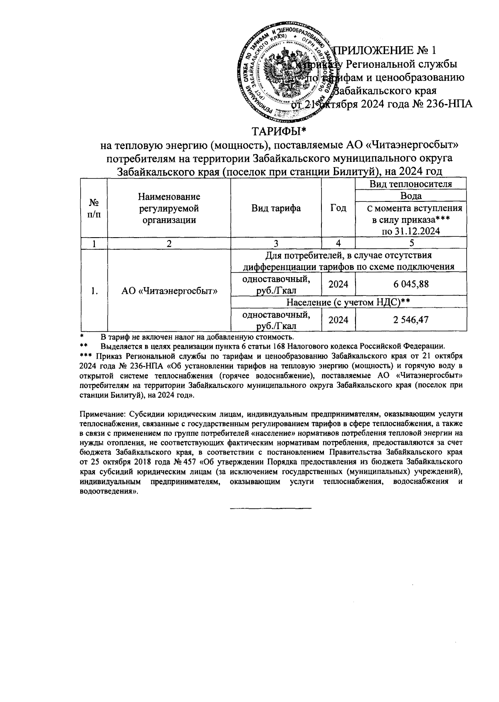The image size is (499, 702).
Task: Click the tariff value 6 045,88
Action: [x=411, y=284]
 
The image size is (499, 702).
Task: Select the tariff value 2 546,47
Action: [x=411, y=320]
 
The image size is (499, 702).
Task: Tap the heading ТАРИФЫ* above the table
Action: [x=279, y=132]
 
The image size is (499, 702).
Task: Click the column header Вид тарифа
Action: [x=276, y=208]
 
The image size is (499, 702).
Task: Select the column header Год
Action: [x=338, y=208]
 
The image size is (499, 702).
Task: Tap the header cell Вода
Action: [x=411, y=196]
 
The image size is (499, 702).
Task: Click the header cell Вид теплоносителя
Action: [x=411, y=184]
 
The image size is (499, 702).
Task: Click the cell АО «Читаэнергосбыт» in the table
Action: [x=169, y=291]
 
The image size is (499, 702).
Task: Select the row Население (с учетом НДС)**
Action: [x=348, y=303]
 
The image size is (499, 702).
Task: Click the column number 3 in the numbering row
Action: [x=276, y=244]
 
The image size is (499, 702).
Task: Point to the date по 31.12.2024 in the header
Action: [x=411, y=231]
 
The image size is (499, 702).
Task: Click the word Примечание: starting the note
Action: [x=102, y=414]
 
